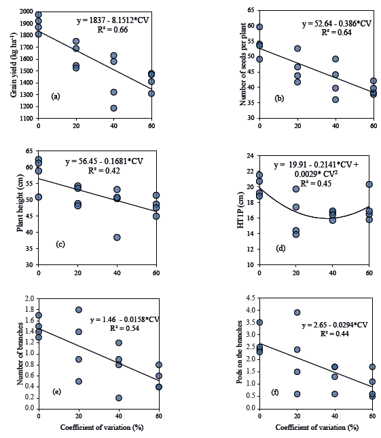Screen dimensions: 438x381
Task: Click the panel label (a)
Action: pyautogui.click(x=56, y=96)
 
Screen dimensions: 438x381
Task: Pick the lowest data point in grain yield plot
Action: pyautogui.click(x=113, y=108)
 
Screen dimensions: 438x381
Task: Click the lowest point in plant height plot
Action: pyautogui.click(x=117, y=237)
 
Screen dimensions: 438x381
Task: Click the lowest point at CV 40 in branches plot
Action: pyautogui.click(x=119, y=398)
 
